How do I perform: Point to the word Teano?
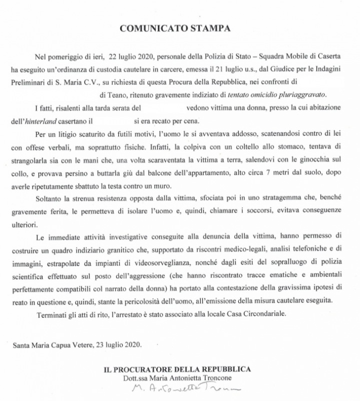tap(131, 94)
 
